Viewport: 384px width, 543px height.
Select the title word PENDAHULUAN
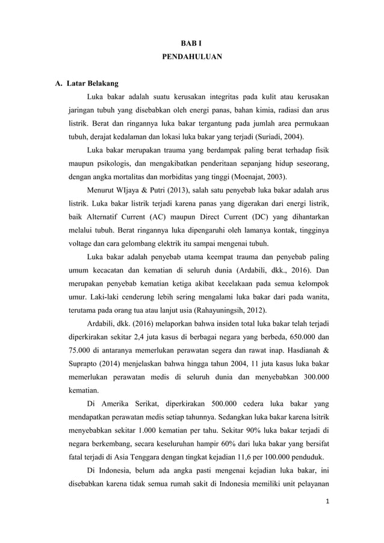192,58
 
